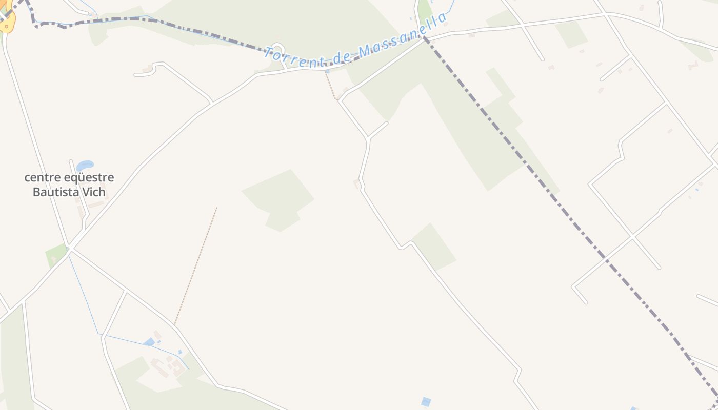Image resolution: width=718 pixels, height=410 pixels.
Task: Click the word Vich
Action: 94,193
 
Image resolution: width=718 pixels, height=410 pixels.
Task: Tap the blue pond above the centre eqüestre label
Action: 85,166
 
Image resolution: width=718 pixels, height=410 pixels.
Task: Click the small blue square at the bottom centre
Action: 426,402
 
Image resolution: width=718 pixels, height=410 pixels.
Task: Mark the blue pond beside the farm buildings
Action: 149,342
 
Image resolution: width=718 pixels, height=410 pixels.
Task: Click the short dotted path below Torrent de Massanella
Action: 331,86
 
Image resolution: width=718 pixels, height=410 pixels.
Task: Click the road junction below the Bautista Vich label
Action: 70,249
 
